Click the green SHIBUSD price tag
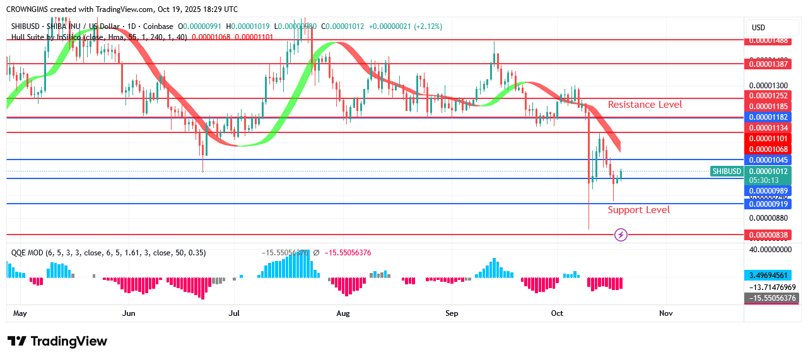pyautogui.click(x=726, y=171)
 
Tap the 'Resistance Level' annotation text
pyautogui.click(x=645, y=105)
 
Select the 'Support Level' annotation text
pyautogui.click(x=638, y=210)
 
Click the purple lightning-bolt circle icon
pyautogui.click(x=621, y=235)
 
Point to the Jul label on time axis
pyautogui.click(x=234, y=313)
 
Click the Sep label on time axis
pyautogui.click(x=452, y=313)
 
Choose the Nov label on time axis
pyautogui.click(x=666, y=313)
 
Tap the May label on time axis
pyautogui.click(x=20, y=313)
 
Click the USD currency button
pyautogui.click(x=758, y=28)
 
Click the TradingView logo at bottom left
pyautogui.click(x=57, y=341)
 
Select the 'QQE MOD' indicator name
pyautogui.click(x=27, y=253)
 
